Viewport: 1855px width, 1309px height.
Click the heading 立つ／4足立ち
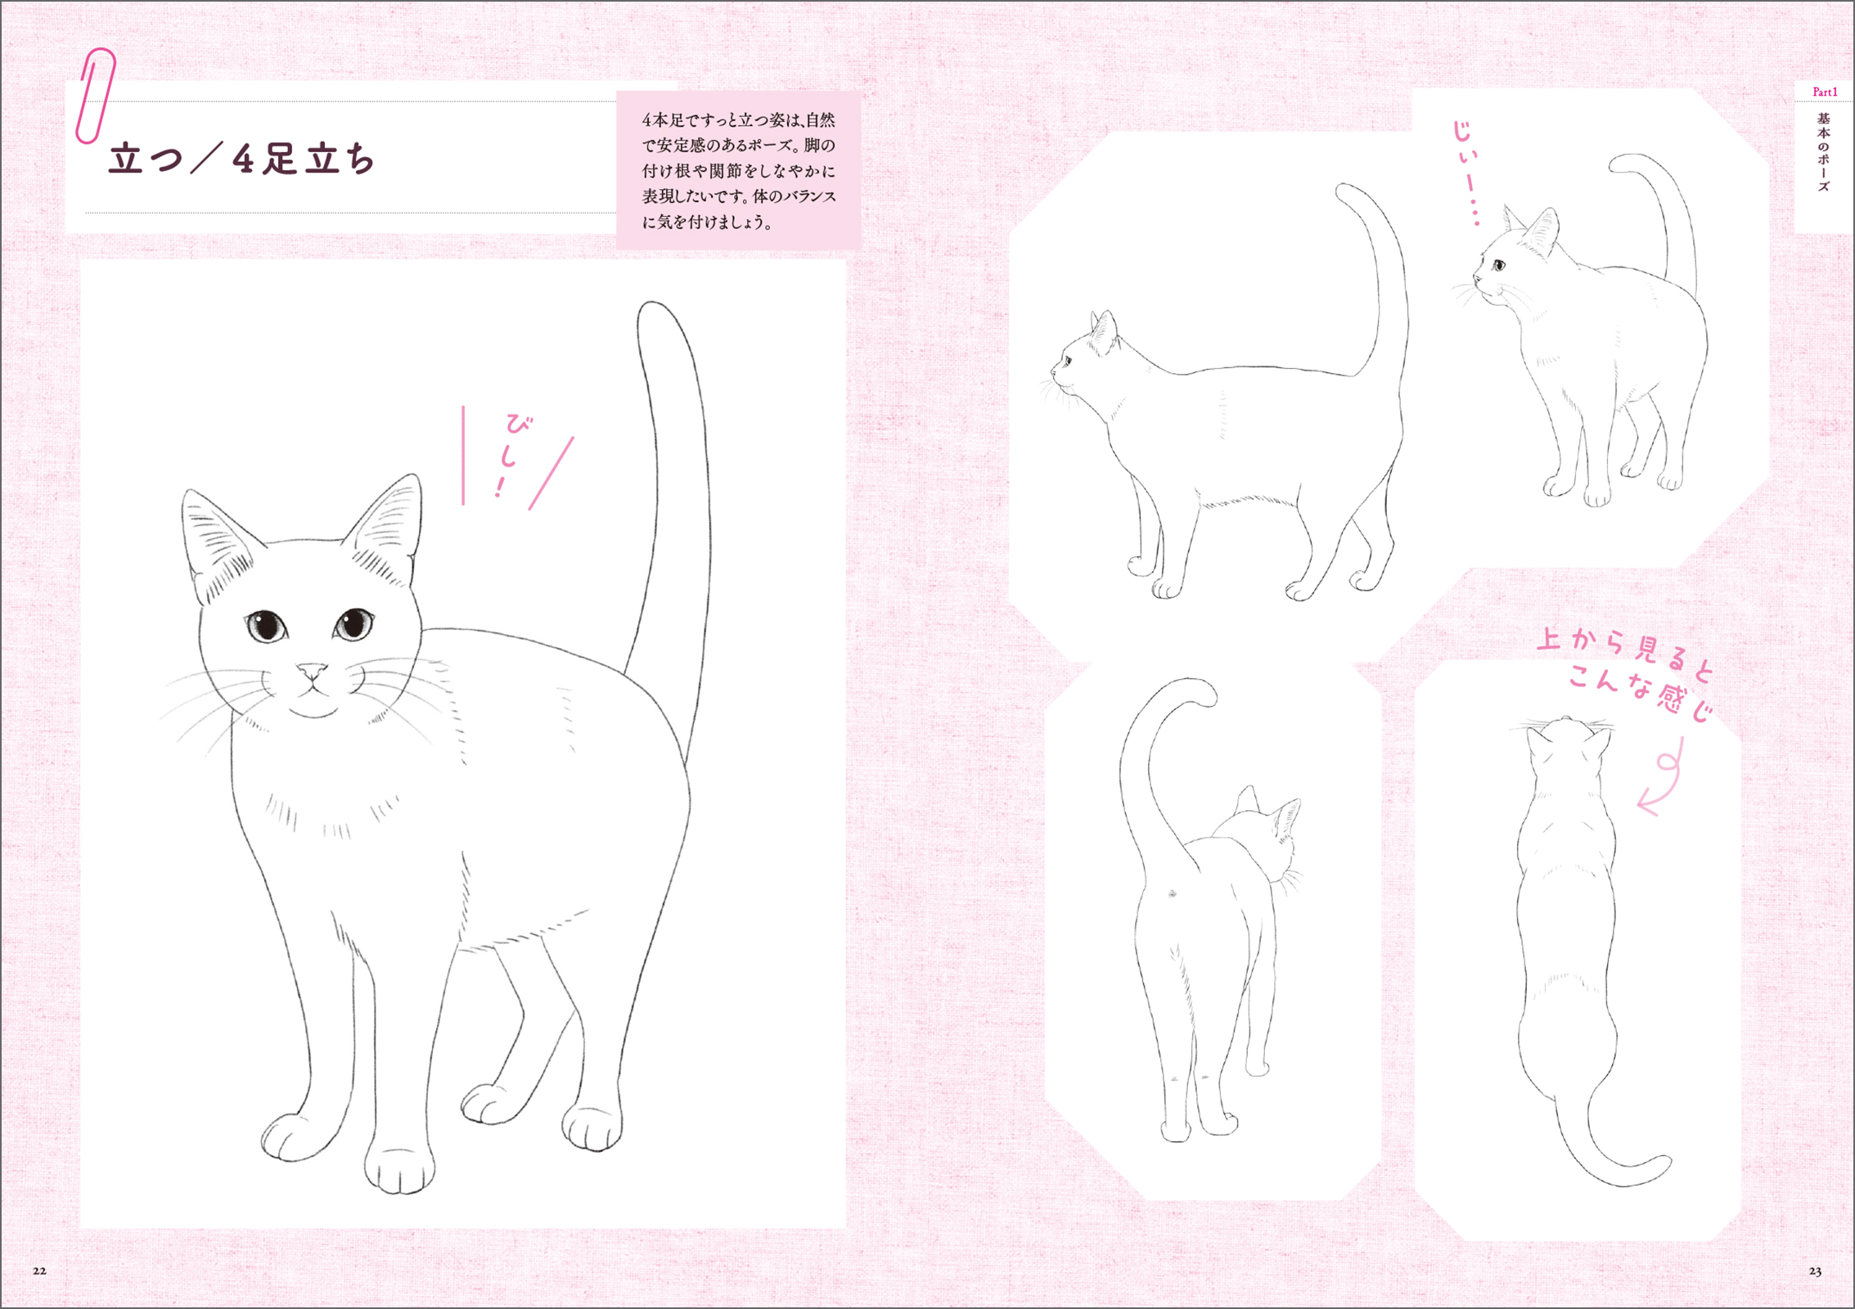[242, 159]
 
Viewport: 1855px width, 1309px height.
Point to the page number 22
[39, 1271]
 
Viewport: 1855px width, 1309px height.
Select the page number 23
[1815, 1271]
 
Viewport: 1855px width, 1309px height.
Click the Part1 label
[1824, 92]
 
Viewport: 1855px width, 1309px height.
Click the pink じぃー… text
[1466, 172]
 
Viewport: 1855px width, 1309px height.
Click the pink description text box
[738, 170]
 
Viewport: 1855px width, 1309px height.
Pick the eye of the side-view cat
[1066, 360]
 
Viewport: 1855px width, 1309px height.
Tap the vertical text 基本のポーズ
[1824, 152]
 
